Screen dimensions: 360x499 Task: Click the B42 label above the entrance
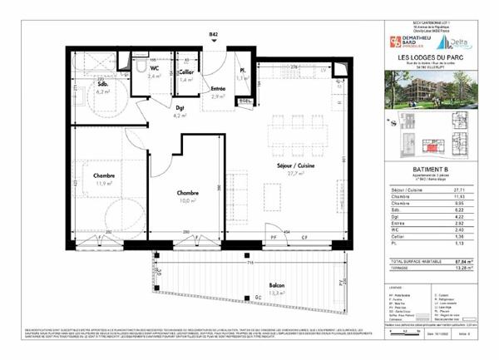pos(215,35)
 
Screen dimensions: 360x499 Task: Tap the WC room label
pos(154,68)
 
